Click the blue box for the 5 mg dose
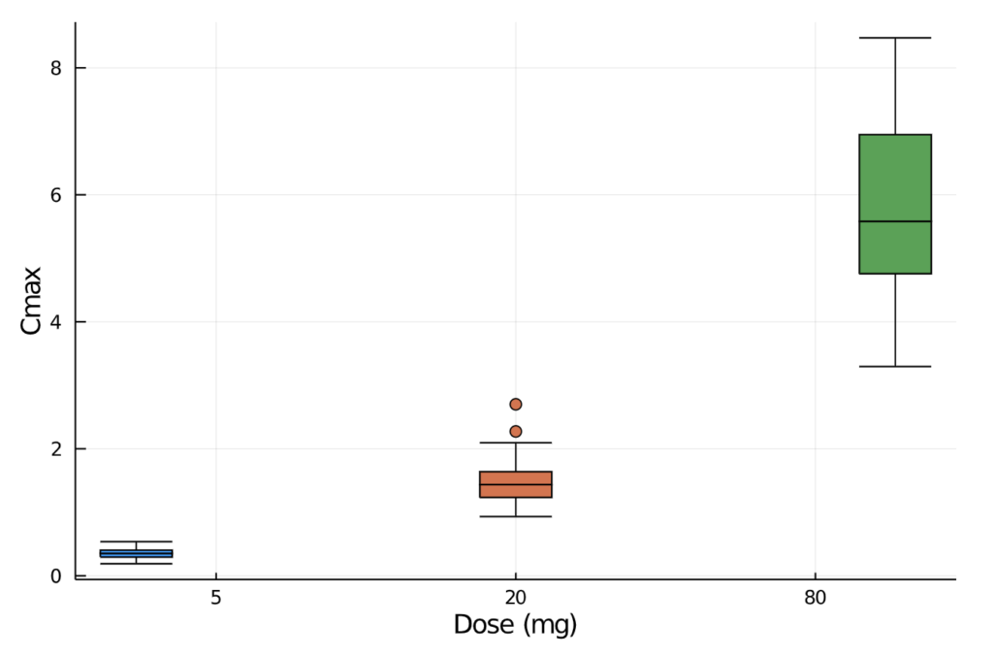tap(136, 553)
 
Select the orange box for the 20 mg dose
tap(516, 484)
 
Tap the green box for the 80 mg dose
tap(895, 204)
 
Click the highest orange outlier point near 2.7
tap(516, 404)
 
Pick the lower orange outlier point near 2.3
tap(516, 431)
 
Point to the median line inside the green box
tap(895, 221)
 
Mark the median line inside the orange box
tap(516, 484)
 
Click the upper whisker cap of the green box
tap(895, 38)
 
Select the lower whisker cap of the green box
tap(895, 366)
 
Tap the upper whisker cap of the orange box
tap(516, 443)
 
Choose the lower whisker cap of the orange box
tap(516, 516)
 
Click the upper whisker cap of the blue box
tap(136, 542)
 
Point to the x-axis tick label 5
tap(215, 598)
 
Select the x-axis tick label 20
tap(516, 598)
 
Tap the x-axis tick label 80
tap(815, 598)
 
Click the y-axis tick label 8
tap(56, 68)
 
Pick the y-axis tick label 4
tap(56, 322)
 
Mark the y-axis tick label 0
tap(56, 576)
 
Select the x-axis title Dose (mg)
tap(516, 626)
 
